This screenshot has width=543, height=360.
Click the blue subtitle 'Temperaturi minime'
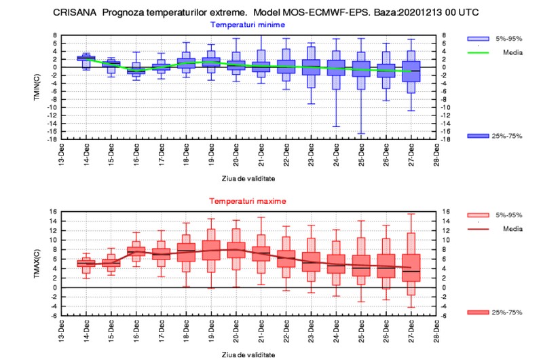coord(248,24)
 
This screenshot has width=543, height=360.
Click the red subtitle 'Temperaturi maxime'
coord(248,201)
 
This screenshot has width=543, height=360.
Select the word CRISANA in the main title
coord(75,12)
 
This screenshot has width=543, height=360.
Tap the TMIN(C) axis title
coord(37,88)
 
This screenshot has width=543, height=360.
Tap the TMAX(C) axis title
coord(37,264)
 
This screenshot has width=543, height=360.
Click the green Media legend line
coord(478,53)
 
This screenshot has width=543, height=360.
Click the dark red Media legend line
coord(478,229)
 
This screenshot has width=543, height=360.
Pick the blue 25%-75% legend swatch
coord(478,136)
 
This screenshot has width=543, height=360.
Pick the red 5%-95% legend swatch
coord(478,215)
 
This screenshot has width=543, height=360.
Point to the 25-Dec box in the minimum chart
coord(361,69)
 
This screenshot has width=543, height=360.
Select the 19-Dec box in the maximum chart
coord(211,250)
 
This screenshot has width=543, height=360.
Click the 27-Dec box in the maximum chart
coord(411,268)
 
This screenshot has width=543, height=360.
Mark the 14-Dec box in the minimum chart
coord(86,58)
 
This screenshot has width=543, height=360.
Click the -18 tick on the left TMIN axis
coord(53,139)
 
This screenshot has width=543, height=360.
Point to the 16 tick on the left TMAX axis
coord(54,211)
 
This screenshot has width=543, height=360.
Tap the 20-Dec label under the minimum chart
coord(236,155)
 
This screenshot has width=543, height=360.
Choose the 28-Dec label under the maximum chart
coord(436,331)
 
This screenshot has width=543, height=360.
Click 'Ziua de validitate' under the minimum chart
coord(248,179)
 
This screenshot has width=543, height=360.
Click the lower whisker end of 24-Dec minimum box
coord(336,126)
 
